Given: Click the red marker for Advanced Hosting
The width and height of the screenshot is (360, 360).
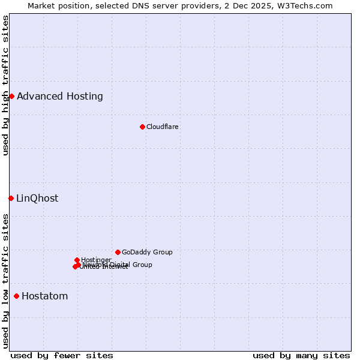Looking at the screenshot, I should pyautogui.click(x=11, y=96).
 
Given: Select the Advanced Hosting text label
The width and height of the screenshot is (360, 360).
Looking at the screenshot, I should pyautogui.click(x=60, y=97).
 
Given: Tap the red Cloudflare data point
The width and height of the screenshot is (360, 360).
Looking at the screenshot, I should pyautogui.click(x=142, y=127).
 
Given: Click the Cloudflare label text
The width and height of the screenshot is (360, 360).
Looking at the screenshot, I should pyautogui.click(x=163, y=127).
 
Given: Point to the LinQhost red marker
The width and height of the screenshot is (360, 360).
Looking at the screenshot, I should pyautogui.click(x=11, y=198).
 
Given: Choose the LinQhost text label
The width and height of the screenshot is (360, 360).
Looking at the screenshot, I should pyautogui.click(x=37, y=199).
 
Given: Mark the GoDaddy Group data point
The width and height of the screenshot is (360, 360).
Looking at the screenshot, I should pyautogui.click(x=118, y=252).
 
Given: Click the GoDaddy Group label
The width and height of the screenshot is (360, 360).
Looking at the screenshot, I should pyautogui.click(x=147, y=252).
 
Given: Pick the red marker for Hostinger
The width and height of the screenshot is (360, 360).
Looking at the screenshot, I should pyautogui.click(x=77, y=260).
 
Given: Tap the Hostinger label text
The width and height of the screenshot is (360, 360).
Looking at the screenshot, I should pyautogui.click(x=96, y=260).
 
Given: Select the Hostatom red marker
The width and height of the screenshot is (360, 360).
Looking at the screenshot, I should pyautogui.click(x=16, y=296).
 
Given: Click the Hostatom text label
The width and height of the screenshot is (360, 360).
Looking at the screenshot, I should pyautogui.click(x=45, y=296).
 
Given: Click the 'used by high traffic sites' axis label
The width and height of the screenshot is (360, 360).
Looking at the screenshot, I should pyautogui.click(x=6, y=85).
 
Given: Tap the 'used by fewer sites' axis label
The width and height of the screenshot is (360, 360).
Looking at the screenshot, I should pyautogui.click(x=62, y=356).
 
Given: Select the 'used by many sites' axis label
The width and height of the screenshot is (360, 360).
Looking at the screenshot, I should pyautogui.click(x=301, y=356).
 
